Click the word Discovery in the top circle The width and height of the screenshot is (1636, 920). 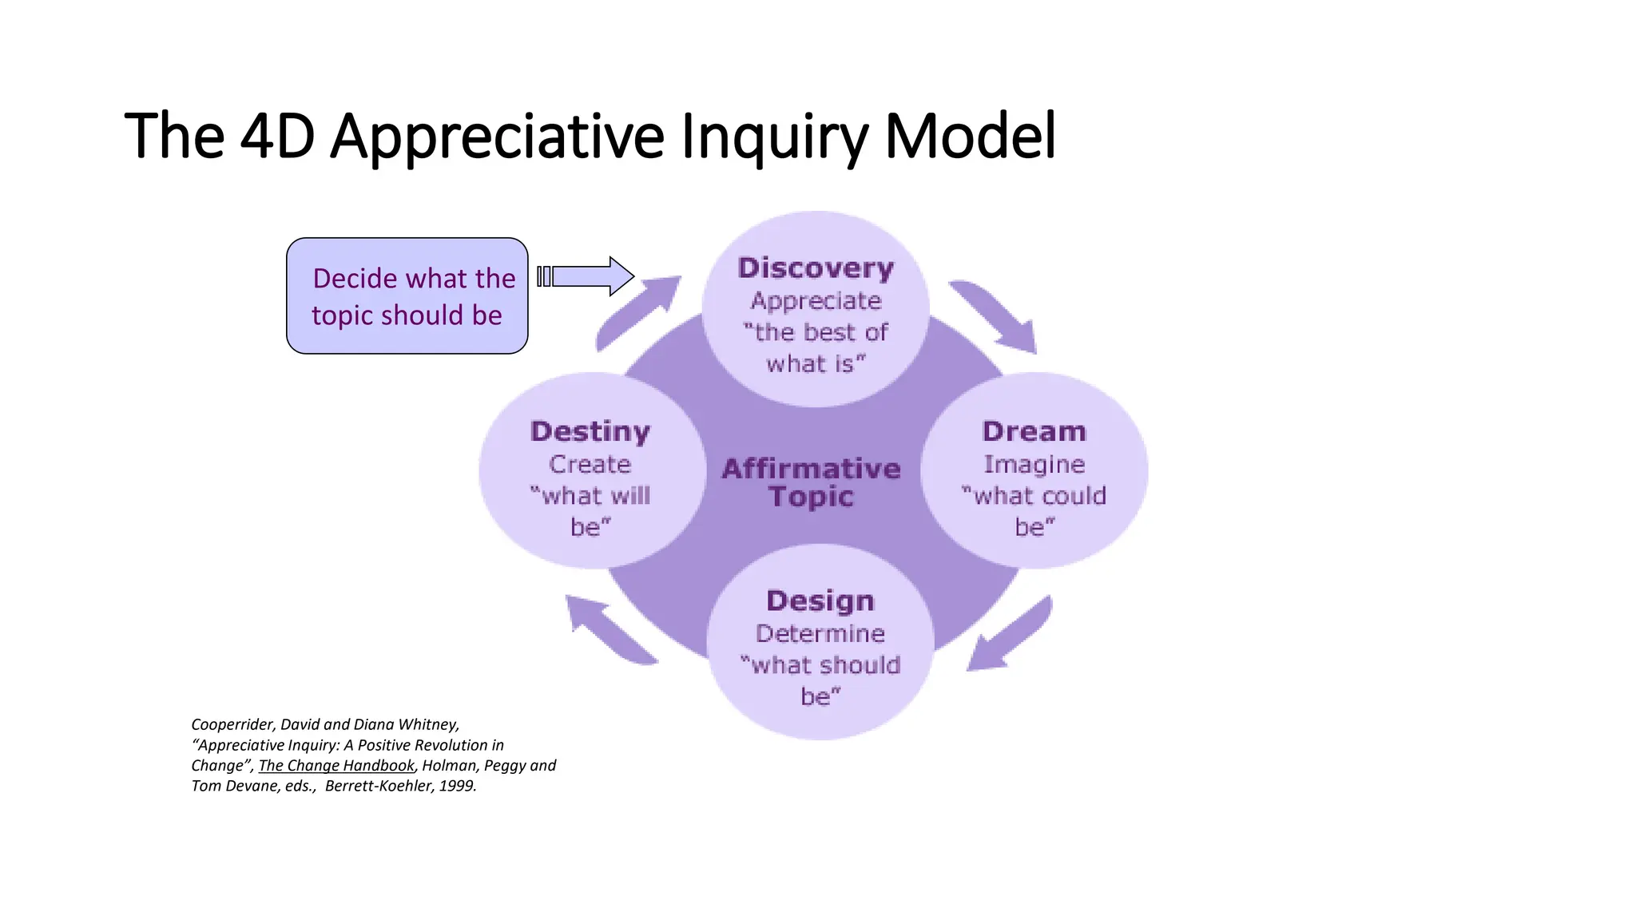816,268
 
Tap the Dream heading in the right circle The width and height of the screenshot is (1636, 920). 1034,432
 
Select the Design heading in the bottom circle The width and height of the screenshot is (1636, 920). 820,601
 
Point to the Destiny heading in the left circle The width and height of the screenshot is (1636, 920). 590,432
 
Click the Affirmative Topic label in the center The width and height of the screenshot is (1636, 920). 811,482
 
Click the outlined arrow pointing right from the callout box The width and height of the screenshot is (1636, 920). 588,276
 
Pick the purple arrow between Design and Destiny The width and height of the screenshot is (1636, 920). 607,631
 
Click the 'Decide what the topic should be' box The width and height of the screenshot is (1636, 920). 407,296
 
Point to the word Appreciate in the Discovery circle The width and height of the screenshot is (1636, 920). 816,301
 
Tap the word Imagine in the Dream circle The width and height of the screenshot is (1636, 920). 1034,464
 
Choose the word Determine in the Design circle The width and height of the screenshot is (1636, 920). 820,634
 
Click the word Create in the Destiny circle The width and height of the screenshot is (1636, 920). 590,464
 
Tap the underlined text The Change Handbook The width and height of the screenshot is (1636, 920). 336,765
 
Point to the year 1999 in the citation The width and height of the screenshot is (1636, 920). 456,786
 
